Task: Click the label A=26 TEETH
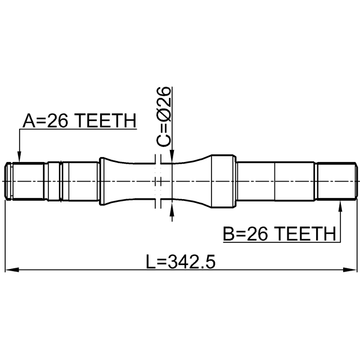click(79, 120)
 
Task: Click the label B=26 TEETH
click(280, 233)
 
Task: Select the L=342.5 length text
click(181, 261)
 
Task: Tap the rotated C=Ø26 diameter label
click(164, 116)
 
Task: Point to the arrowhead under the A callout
click(20, 157)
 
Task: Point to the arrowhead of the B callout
click(340, 206)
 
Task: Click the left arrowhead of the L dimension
click(11, 269)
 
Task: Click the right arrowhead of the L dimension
click(350, 269)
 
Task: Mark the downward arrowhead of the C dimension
click(172, 156)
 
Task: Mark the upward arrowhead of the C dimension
click(172, 209)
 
